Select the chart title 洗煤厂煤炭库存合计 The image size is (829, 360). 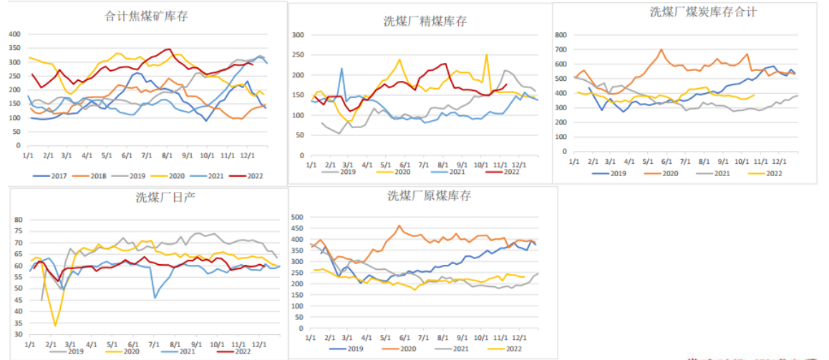tap(693, 12)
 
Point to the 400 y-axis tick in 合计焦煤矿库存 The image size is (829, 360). tap(14, 34)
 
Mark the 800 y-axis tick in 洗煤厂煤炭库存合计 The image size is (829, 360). tap(561, 35)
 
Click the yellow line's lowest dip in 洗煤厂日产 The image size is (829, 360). tap(55, 326)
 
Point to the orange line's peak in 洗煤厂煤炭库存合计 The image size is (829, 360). tap(661, 49)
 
